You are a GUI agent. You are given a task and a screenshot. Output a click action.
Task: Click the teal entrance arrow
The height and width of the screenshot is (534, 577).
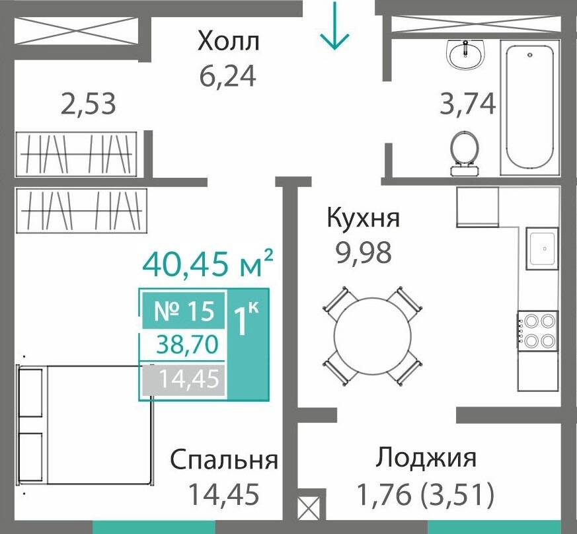point(334,26)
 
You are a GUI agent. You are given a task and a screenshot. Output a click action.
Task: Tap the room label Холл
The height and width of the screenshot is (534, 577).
point(229,42)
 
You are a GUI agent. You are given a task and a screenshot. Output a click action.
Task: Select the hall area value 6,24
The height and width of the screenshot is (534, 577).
point(227,76)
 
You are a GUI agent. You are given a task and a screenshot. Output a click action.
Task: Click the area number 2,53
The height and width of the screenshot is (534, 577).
point(88,104)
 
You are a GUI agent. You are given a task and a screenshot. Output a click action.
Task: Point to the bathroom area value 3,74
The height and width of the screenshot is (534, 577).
point(468,104)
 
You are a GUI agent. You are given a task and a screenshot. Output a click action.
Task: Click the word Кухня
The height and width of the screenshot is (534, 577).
point(364,218)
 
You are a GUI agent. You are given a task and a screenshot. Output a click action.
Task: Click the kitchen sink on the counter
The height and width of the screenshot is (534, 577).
point(542,248)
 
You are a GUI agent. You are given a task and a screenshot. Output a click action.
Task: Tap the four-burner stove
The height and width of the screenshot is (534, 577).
point(539,331)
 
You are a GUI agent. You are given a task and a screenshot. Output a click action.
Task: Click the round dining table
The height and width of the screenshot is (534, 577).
point(372,336)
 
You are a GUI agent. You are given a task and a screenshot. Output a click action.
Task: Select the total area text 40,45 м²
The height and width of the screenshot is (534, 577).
point(208,265)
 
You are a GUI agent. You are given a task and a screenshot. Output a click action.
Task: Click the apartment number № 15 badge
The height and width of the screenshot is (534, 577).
point(184,311)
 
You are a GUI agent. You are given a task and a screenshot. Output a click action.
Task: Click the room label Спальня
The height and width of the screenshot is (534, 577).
point(224,460)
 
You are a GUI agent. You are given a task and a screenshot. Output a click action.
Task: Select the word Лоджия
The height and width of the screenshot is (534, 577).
point(426,458)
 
